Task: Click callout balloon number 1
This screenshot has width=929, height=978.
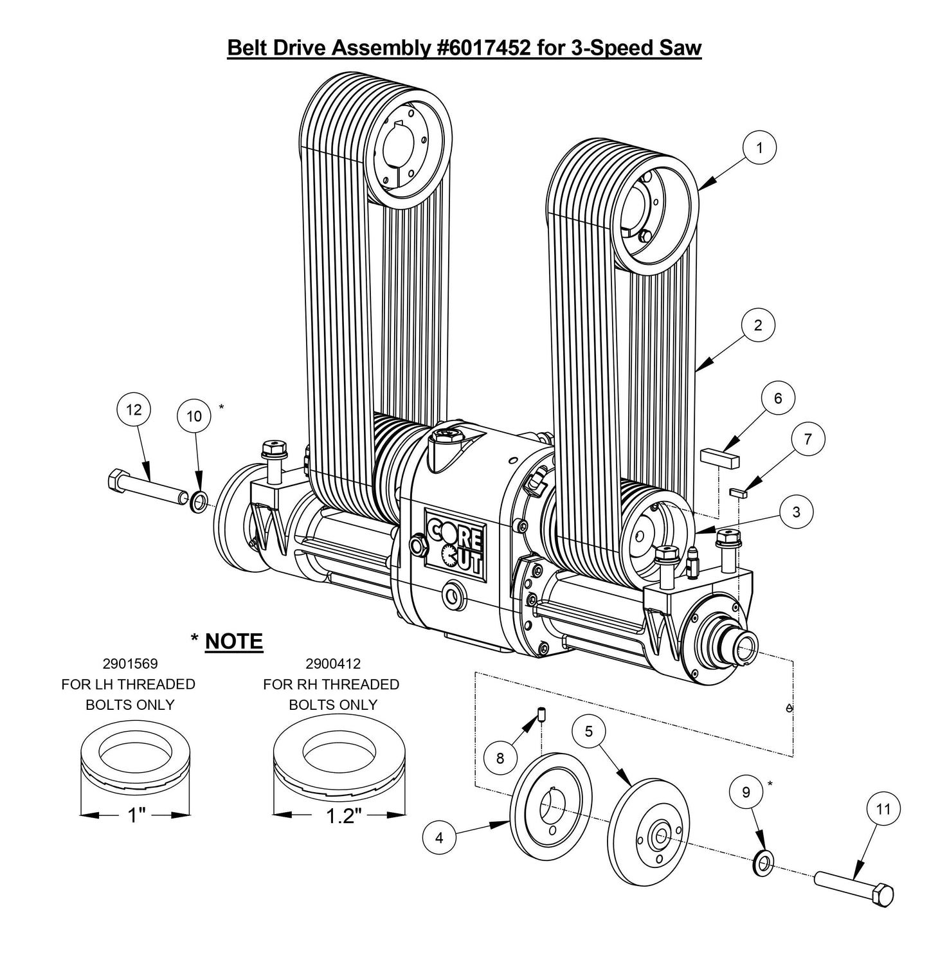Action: pyautogui.click(x=759, y=148)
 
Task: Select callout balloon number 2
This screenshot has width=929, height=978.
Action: pyautogui.click(x=757, y=325)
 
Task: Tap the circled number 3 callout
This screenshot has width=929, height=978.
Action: pyautogui.click(x=797, y=512)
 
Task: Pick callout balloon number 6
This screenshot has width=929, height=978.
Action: pyautogui.click(x=778, y=399)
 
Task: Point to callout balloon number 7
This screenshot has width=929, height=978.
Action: pyautogui.click(x=807, y=439)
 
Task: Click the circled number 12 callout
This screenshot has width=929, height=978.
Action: pyautogui.click(x=134, y=410)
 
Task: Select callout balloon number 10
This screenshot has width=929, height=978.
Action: pyautogui.click(x=194, y=416)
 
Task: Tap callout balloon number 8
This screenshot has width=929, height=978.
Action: pyautogui.click(x=500, y=758)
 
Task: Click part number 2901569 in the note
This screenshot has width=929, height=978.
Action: pyautogui.click(x=130, y=663)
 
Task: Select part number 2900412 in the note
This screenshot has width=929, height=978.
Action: pyautogui.click(x=333, y=663)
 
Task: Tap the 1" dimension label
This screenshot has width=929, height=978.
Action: pyautogui.click(x=136, y=816)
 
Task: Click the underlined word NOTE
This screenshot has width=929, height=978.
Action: pyautogui.click(x=234, y=641)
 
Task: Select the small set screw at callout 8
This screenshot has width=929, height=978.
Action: pyautogui.click(x=541, y=714)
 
